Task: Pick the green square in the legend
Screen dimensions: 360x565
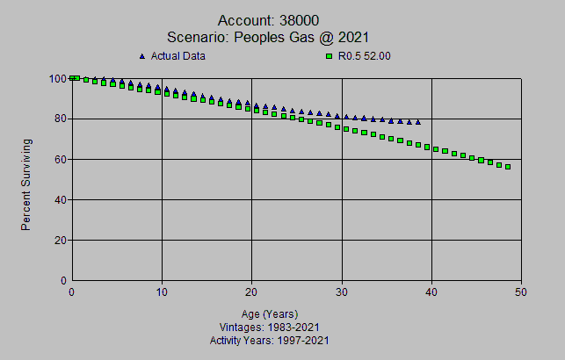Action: click(x=330, y=57)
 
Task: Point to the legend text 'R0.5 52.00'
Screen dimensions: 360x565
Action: click(x=365, y=57)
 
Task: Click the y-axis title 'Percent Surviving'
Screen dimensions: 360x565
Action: click(x=26, y=184)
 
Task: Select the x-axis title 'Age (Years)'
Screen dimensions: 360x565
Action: click(x=270, y=314)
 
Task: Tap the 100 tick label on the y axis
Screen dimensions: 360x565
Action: click(x=58, y=78)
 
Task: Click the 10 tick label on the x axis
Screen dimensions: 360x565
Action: click(x=162, y=292)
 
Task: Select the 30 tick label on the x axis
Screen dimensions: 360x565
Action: click(x=342, y=292)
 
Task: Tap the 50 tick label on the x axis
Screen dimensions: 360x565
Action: click(x=521, y=292)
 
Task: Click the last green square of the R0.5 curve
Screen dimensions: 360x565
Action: click(x=508, y=167)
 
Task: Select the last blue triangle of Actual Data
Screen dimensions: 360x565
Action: click(x=418, y=122)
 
